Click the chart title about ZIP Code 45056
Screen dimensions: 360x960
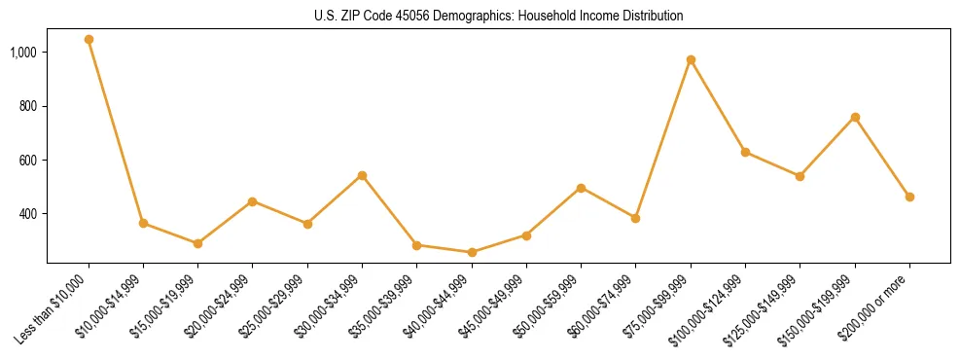(498, 17)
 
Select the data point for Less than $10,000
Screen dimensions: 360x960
(89, 40)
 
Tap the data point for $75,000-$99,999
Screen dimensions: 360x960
(691, 60)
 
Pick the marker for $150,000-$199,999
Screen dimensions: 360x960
(855, 118)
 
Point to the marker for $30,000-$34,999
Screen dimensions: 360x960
(362, 175)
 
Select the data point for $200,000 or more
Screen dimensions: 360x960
(909, 197)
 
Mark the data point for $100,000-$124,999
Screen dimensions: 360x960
(745, 152)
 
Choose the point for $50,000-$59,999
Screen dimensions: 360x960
(581, 188)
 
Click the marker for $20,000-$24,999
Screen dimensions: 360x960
(253, 201)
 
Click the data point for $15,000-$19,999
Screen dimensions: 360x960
(198, 243)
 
